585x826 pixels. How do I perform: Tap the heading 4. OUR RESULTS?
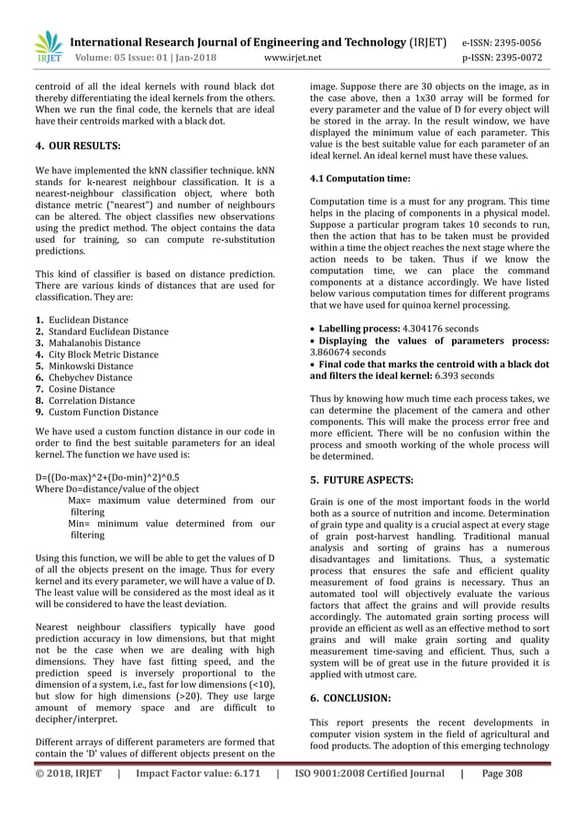[78, 146]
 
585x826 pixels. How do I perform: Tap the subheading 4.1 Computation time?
[359, 179]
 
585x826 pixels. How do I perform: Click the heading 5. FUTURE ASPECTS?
[361, 479]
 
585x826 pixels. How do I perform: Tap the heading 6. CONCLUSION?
[350, 697]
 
